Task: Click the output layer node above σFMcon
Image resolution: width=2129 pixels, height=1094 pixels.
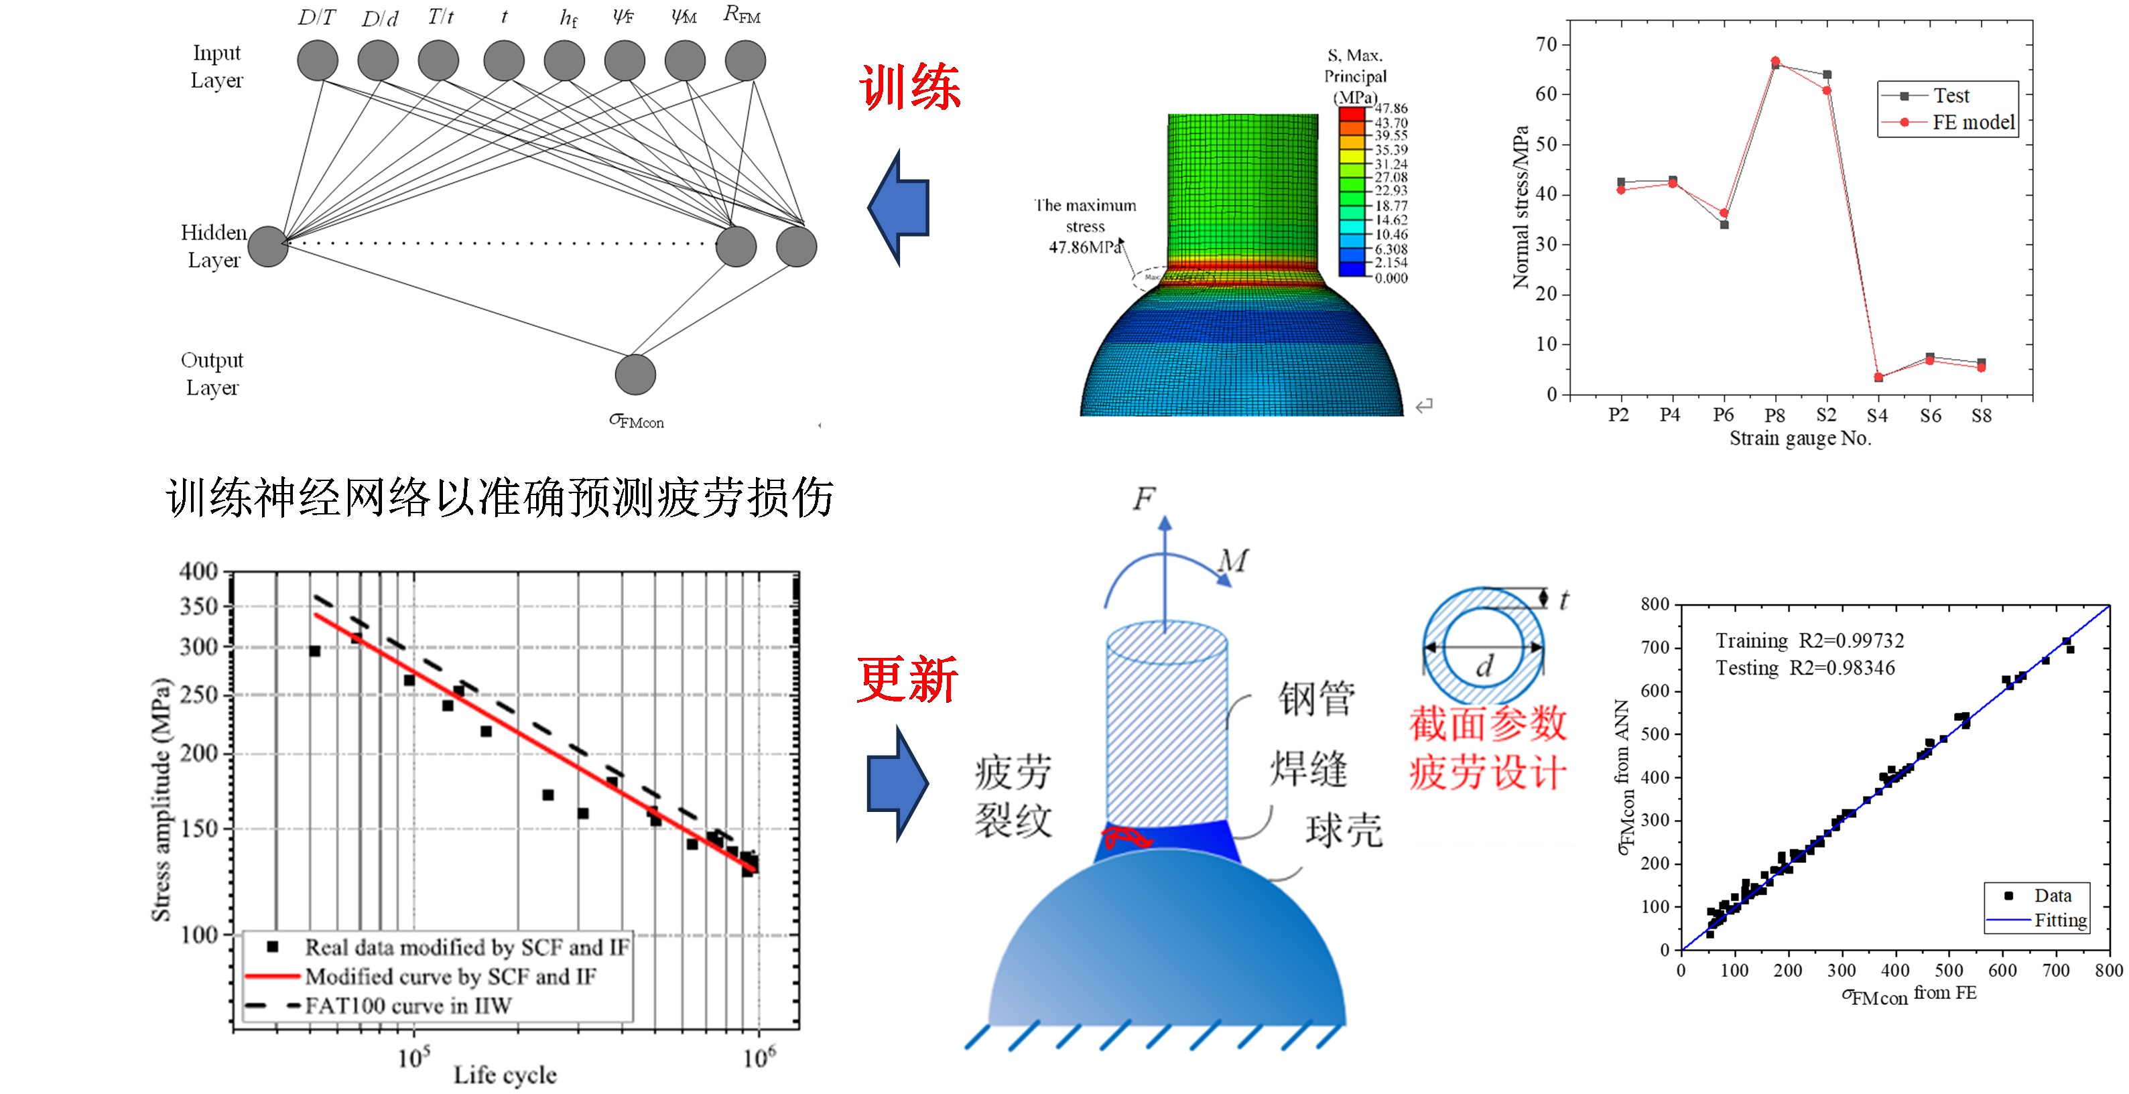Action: pos(635,374)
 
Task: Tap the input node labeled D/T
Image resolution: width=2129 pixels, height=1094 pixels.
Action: pos(318,60)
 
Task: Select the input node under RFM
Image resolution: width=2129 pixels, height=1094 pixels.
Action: pos(745,60)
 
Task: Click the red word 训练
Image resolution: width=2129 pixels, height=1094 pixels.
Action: pos(909,87)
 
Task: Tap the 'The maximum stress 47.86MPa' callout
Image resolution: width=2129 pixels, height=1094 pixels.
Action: pos(1085,226)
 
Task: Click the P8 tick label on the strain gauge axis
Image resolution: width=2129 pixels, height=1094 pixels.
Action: pos(1775,415)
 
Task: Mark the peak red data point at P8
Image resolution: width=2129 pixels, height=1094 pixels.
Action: pos(1775,61)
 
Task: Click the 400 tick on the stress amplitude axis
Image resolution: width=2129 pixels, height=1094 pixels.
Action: pos(199,571)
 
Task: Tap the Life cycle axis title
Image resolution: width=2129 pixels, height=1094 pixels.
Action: pos(505,1074)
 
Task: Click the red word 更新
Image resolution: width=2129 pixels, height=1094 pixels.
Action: pos(907,679)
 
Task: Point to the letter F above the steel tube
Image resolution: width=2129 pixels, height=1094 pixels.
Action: pos(1144,498)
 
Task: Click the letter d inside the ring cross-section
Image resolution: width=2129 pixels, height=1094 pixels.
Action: pos(1484,665)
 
